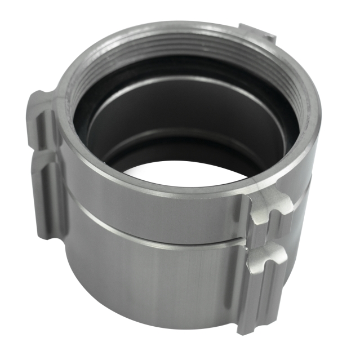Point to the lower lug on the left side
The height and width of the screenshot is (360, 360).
click(x=48, y=194)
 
